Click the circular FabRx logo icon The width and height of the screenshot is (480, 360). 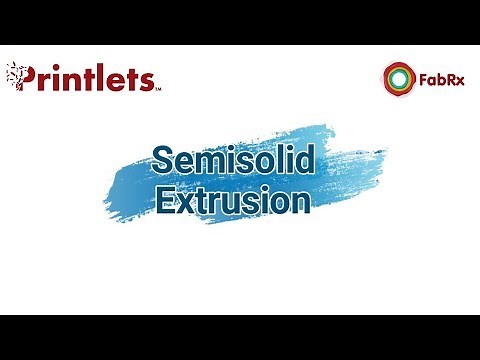tap(398, 77)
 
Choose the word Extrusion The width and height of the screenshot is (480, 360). tap(232, 200)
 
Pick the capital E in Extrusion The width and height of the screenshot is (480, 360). tap(166, 200)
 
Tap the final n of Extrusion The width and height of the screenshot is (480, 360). tap(297, 202)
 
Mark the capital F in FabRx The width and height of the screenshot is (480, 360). tap(422, 77)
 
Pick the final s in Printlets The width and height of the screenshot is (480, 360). tap(145, 79)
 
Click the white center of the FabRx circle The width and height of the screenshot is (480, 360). tap(398, 77)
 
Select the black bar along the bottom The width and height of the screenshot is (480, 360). tap(240, 337)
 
